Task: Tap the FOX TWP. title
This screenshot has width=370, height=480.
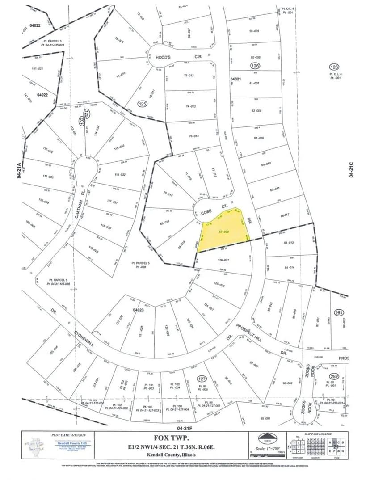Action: [183, 438]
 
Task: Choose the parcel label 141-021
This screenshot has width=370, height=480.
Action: [37, 68]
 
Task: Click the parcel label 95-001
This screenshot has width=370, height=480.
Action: [266, 418]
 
